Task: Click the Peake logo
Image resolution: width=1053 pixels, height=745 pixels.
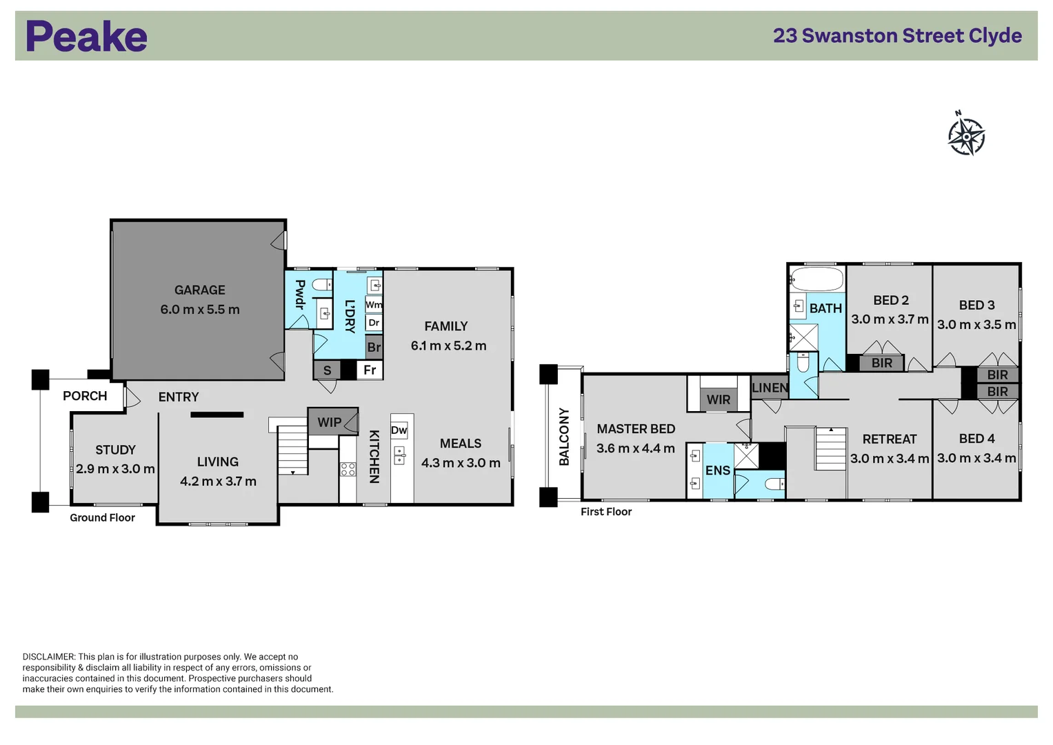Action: (86, 36)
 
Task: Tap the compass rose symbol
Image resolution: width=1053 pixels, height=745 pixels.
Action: (966, 135)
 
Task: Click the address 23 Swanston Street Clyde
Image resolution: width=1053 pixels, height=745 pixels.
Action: (897, 36)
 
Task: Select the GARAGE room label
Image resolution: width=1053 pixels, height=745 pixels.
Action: (200, 290)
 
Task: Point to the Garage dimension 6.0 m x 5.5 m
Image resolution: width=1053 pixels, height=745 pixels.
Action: (200, 310)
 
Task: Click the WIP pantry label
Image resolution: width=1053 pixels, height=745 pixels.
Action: (329, 422)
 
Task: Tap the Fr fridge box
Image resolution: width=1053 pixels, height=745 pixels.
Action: (370, 370)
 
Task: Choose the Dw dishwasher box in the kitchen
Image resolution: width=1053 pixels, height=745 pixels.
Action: (399, 430)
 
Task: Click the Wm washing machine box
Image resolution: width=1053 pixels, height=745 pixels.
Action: (374, 305)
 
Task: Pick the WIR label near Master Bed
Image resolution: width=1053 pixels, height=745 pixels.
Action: (719, 400)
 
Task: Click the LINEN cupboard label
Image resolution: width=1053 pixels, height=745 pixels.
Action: (770, 388)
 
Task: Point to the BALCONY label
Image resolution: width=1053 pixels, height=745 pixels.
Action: (564, 437)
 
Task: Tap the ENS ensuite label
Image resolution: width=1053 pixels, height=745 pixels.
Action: (718, 470)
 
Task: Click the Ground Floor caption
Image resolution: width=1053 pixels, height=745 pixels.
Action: (103, 518)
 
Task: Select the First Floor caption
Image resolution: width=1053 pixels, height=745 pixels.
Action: (606, 512)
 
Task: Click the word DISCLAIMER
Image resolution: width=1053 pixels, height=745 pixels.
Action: (49, 657)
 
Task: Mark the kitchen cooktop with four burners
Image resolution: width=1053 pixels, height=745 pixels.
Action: (348, 469)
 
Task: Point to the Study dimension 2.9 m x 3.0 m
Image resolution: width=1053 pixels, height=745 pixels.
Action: (116, 469)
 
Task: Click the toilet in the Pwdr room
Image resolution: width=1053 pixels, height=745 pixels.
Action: (323, 284)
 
